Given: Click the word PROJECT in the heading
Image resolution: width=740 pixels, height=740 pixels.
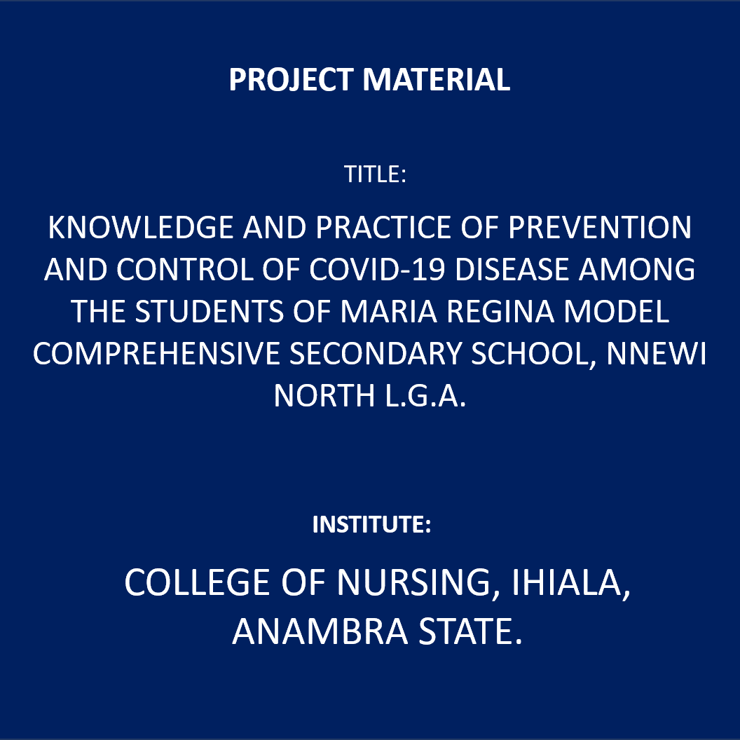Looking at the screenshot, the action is coord(292,79).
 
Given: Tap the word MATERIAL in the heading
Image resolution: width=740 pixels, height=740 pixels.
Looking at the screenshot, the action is coord(437,79).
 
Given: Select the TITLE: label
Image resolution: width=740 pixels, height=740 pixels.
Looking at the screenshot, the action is coord(375,174).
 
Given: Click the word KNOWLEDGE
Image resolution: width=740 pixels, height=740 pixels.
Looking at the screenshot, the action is coord(141,228).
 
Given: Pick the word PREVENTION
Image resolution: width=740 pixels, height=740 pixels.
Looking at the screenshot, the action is coord(600,228).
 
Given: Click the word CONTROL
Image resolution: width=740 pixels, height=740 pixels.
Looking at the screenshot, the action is coord(185,270).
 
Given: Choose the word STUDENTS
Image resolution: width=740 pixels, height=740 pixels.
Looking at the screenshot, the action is coord(210,312).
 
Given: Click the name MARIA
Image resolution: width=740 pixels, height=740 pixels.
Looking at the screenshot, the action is coord(389,312).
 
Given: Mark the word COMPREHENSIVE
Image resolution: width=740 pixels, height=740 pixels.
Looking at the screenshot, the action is coord(156,354).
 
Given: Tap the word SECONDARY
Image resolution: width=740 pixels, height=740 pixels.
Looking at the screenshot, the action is coord(376,354).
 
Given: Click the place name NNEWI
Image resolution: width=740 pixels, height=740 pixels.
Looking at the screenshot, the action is coord(657,354).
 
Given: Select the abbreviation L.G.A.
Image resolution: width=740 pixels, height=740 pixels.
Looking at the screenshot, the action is coord(425,395).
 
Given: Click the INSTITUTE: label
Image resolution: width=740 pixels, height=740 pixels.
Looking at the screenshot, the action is coord(372,524).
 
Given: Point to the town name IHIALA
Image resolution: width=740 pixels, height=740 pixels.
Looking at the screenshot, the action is coord(572,582).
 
